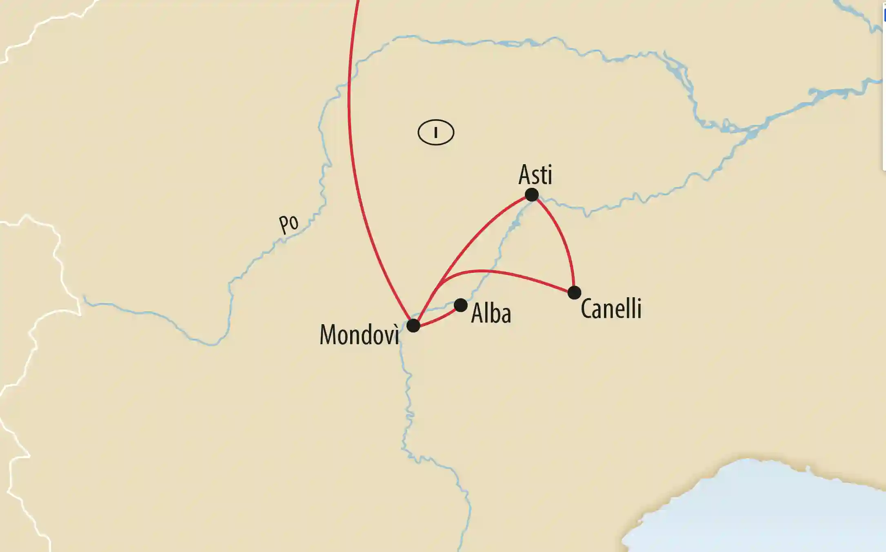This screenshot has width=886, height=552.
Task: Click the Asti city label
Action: pos(535,175)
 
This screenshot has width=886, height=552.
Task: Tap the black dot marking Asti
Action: pos(531,195)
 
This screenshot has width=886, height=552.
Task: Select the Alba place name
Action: pos(491,314)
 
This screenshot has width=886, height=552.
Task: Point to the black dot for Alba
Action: pos(460,305)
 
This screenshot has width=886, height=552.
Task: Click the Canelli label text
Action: pos(611,309)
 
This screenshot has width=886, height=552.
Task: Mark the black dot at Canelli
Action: pos(574,292)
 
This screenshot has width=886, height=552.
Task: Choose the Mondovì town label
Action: pos(359,335)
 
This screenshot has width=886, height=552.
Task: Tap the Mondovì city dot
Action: pos(413,325)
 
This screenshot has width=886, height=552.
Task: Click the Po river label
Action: pos(289,224)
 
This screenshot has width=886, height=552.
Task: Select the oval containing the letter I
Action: pos(436,132)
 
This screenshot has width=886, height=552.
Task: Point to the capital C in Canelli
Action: pos(586,309)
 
